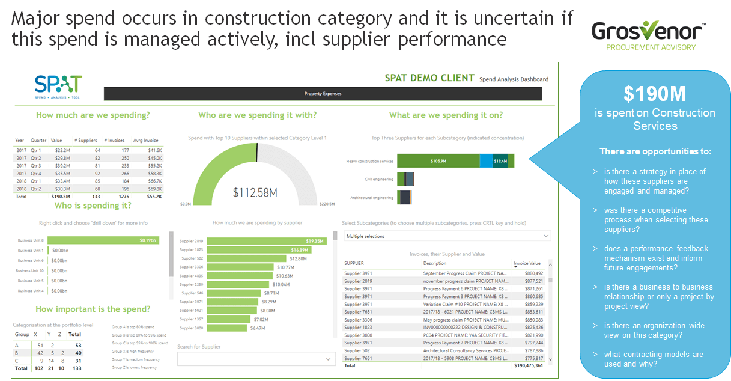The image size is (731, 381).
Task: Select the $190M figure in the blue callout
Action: [654, 94]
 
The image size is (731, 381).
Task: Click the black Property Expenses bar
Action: [323, 94]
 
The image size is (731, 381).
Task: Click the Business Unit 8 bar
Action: [103, 240]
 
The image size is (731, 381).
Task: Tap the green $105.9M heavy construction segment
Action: [438, 161]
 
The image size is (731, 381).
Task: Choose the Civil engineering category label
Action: [378, 179]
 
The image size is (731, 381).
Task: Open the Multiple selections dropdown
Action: [447, 236]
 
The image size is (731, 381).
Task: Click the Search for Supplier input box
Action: [255, 359]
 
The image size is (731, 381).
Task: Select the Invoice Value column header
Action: [527, 263]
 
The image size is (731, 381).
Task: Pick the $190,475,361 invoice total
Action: [529, 365]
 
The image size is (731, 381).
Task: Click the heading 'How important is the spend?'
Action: [93, 309]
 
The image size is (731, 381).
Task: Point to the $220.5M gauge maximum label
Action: [327, 204]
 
